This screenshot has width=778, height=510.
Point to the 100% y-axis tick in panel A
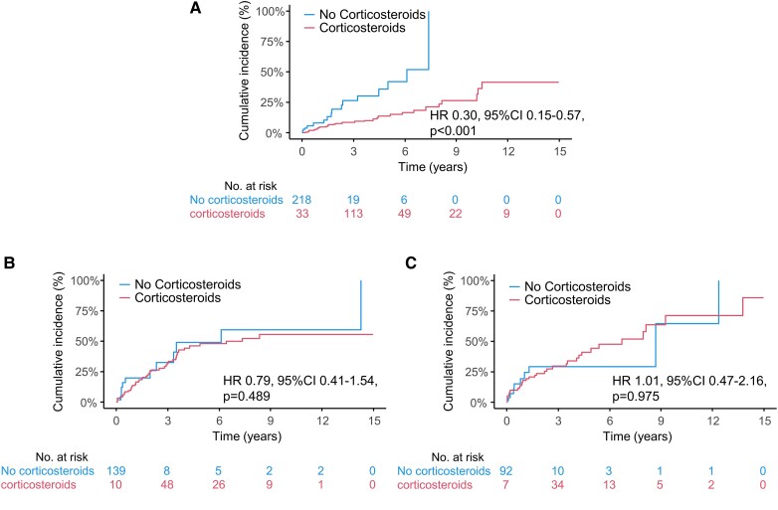tap(272, 12)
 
